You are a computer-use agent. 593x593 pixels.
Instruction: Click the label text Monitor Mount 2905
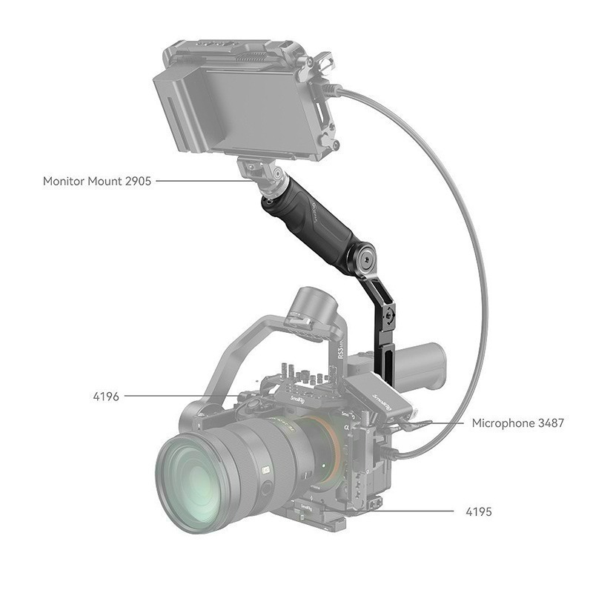pyautogui.click(x=97, y=180)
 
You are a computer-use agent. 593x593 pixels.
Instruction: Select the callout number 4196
pyautogui.click(x=106, y=397)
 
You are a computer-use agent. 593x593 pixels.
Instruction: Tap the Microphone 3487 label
pyautogui.click(x=518, y=423)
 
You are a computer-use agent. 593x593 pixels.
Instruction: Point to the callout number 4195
pyautogui.click(x=478, y=511)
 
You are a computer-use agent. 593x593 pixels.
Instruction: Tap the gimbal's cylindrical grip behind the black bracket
pyautogui.click(x=423, y=367)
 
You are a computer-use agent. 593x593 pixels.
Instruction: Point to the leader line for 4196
pyautogui.click(x=178, y=397)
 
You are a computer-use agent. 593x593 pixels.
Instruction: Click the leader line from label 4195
pyautogui.click(x=415, y=511)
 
